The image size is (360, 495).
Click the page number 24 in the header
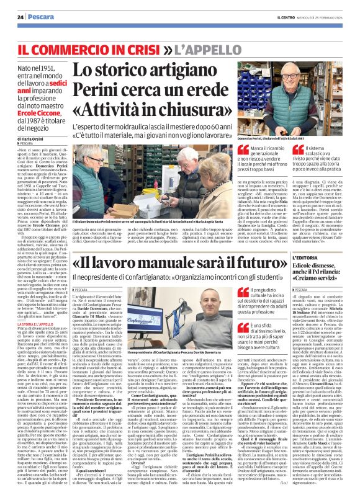click(20, 17)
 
